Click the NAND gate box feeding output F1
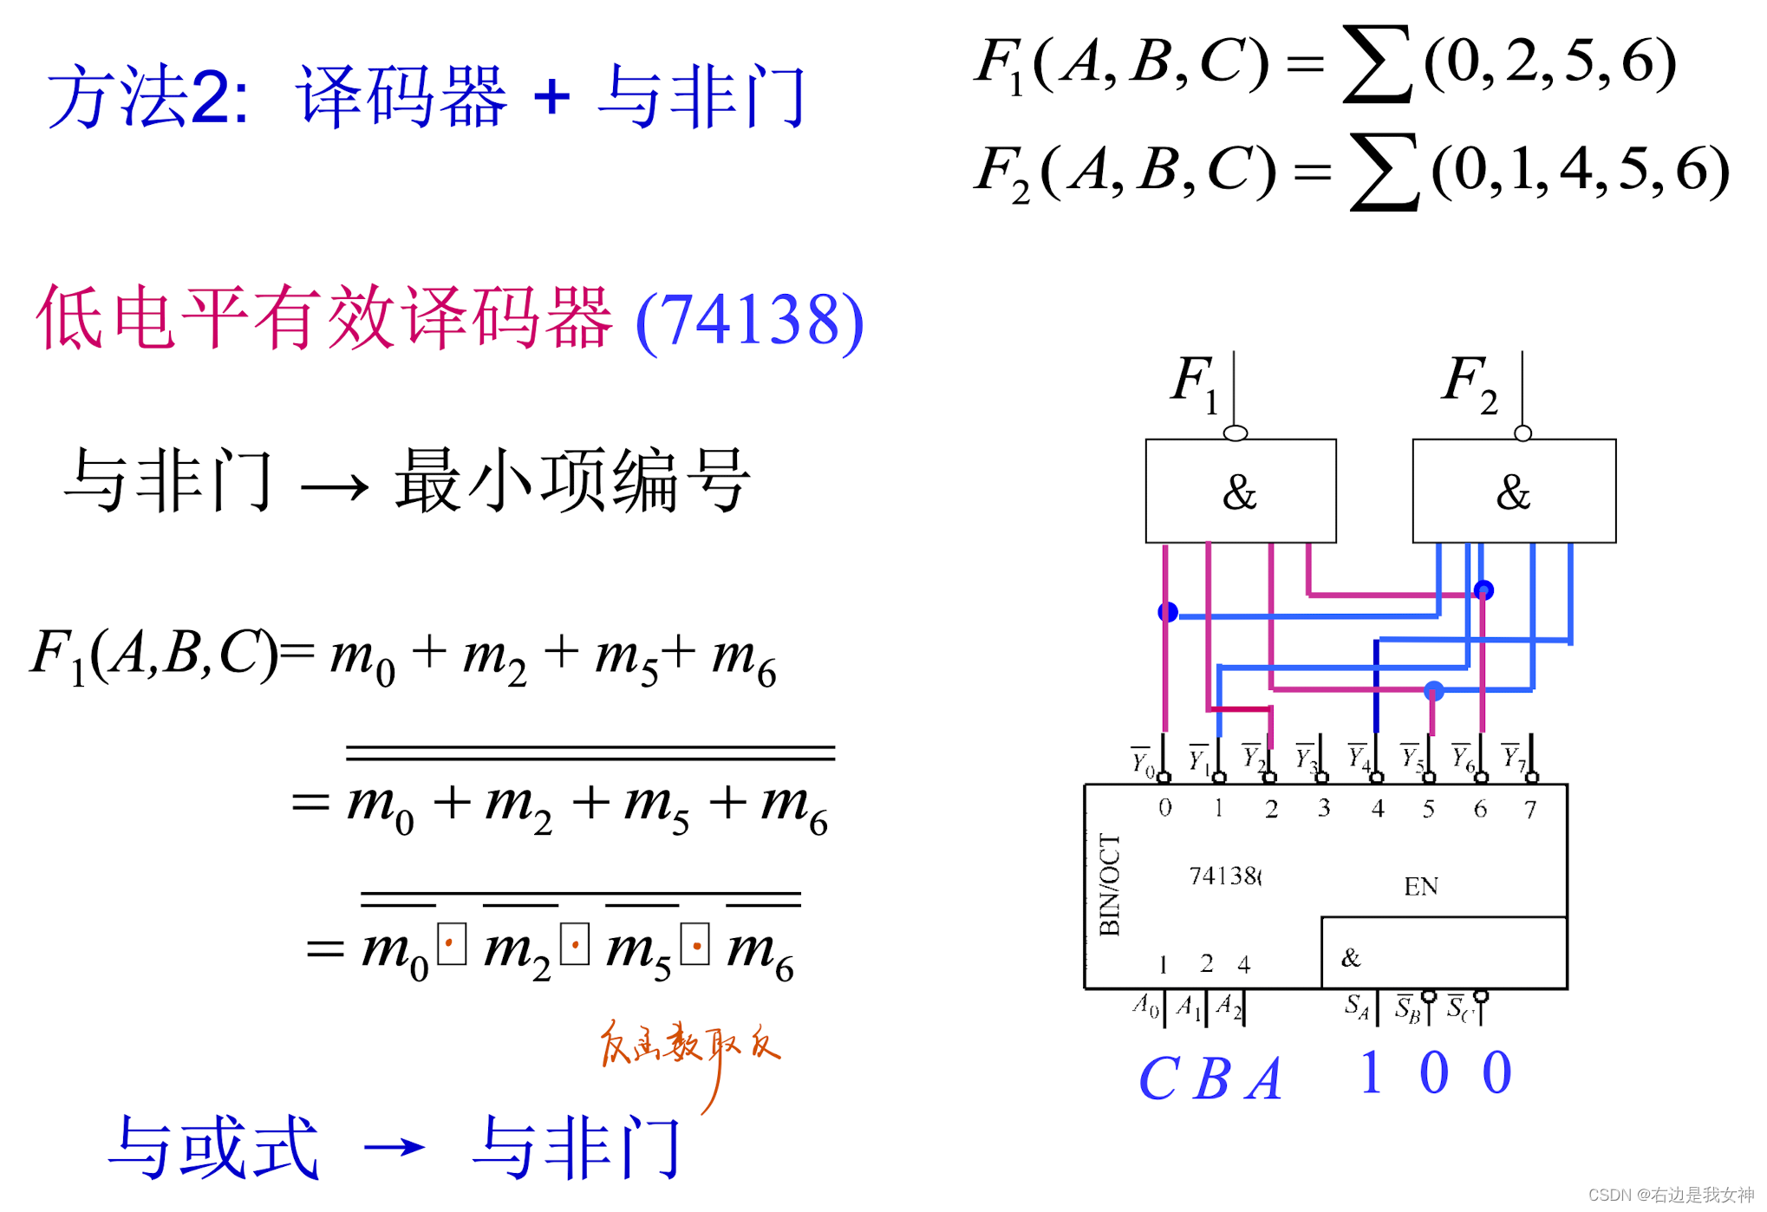tap(1240, 491)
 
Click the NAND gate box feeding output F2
tap(1513, 491)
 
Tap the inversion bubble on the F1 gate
tap(1236, 433)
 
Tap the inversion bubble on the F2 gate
tap(1522, 433)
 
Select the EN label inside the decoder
tap(1420, 886)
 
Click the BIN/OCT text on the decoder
tap(1109, 885)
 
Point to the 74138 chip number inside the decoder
tap(1224, 876)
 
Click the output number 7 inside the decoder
tap(1530, 809)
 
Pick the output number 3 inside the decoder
tap(1324, 808)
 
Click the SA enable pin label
tap(1356, 1006)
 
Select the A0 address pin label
tap(1145, 1006)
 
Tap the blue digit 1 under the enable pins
tap(1371, 1072)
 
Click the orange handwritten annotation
tap(689, 1045)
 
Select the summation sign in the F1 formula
tap(1377, 63)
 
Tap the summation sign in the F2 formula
tap(1385, 171)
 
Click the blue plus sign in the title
tap(551, 95)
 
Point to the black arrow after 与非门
tap(334, 487)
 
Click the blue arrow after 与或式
tap(394, 1148)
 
